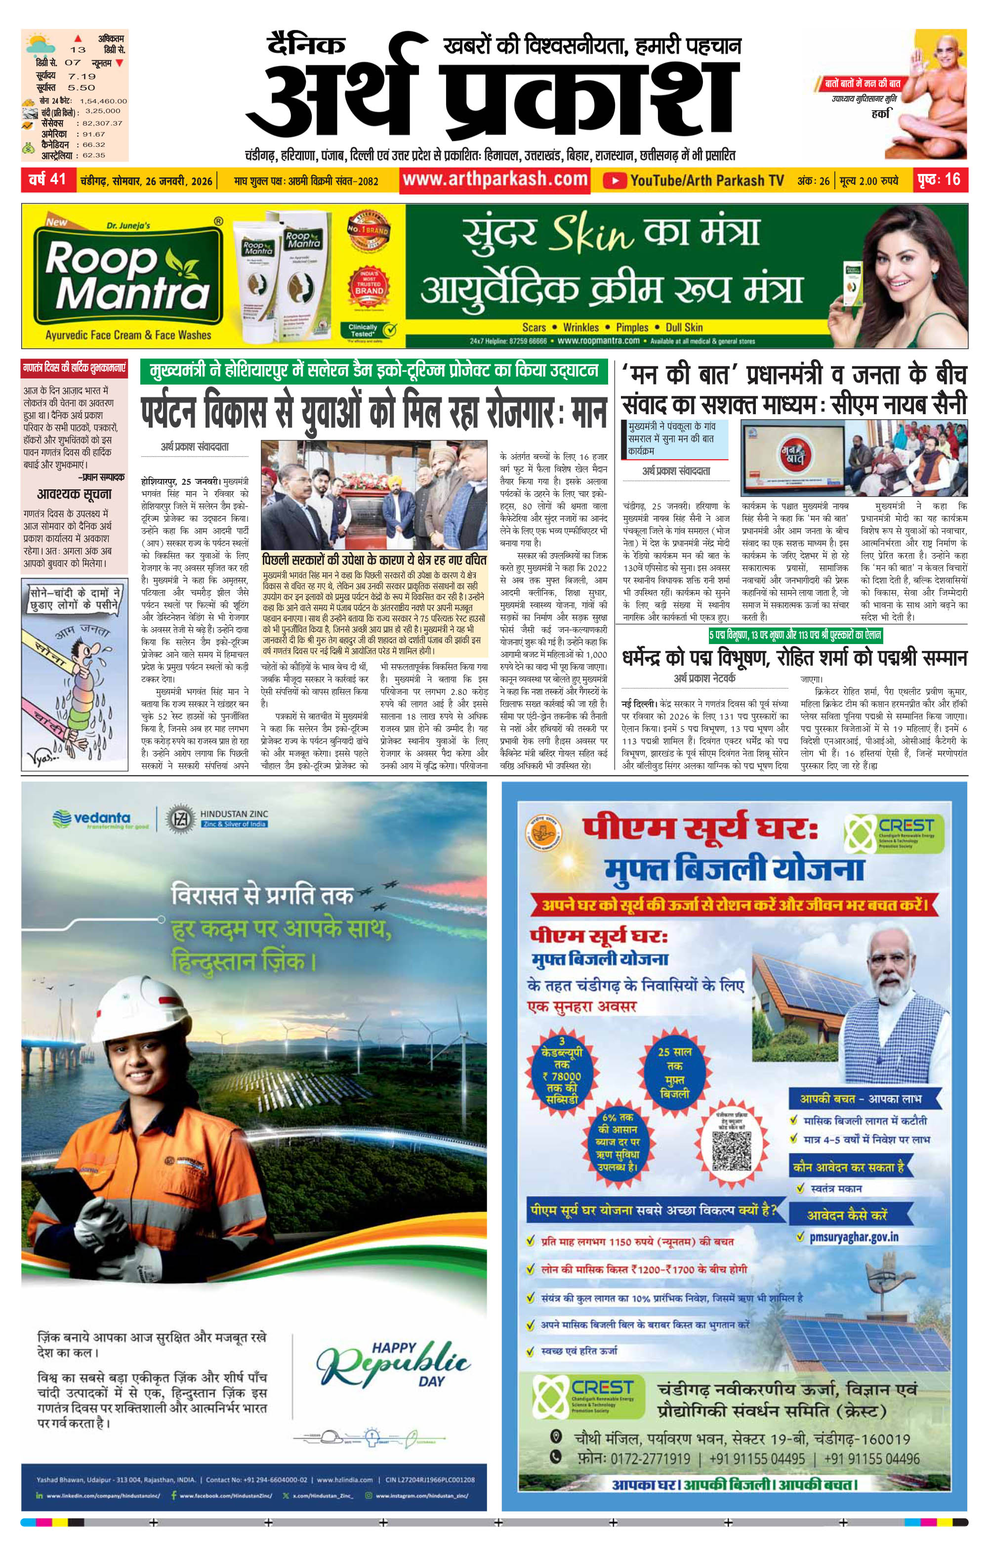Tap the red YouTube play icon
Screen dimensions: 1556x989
[614, 180]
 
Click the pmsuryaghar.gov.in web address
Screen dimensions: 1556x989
[853, 1237]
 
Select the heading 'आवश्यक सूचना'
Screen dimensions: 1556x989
[74, 494]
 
